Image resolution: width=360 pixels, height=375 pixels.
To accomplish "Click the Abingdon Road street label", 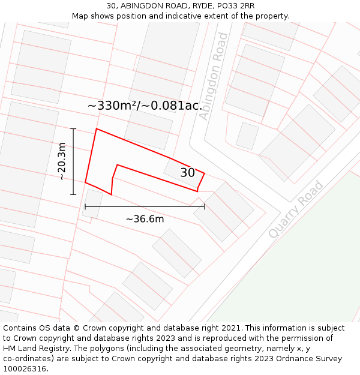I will click(214, 76).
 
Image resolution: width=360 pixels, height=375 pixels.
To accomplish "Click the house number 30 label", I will click(187, 173).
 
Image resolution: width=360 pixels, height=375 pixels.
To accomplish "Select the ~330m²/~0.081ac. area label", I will click(145, 106).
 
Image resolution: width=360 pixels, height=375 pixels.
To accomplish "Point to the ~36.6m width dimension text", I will click(145, 219).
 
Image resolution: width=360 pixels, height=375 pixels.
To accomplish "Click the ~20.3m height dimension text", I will click(62, 161).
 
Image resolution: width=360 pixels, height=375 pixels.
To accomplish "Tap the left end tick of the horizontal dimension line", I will click(85, 206).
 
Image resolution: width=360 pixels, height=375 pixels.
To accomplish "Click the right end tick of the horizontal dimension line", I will click(205, 206).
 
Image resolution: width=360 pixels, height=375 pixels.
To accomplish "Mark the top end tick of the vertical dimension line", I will click(73, 128).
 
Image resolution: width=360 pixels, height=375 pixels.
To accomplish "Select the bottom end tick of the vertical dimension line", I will click(73, 194).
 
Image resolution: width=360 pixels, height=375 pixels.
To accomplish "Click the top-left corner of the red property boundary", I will click(97, 128).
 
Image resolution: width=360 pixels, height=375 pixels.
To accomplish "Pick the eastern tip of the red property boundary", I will click(205, 173).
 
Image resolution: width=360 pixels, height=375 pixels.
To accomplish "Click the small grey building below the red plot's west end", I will click(92, 203).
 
